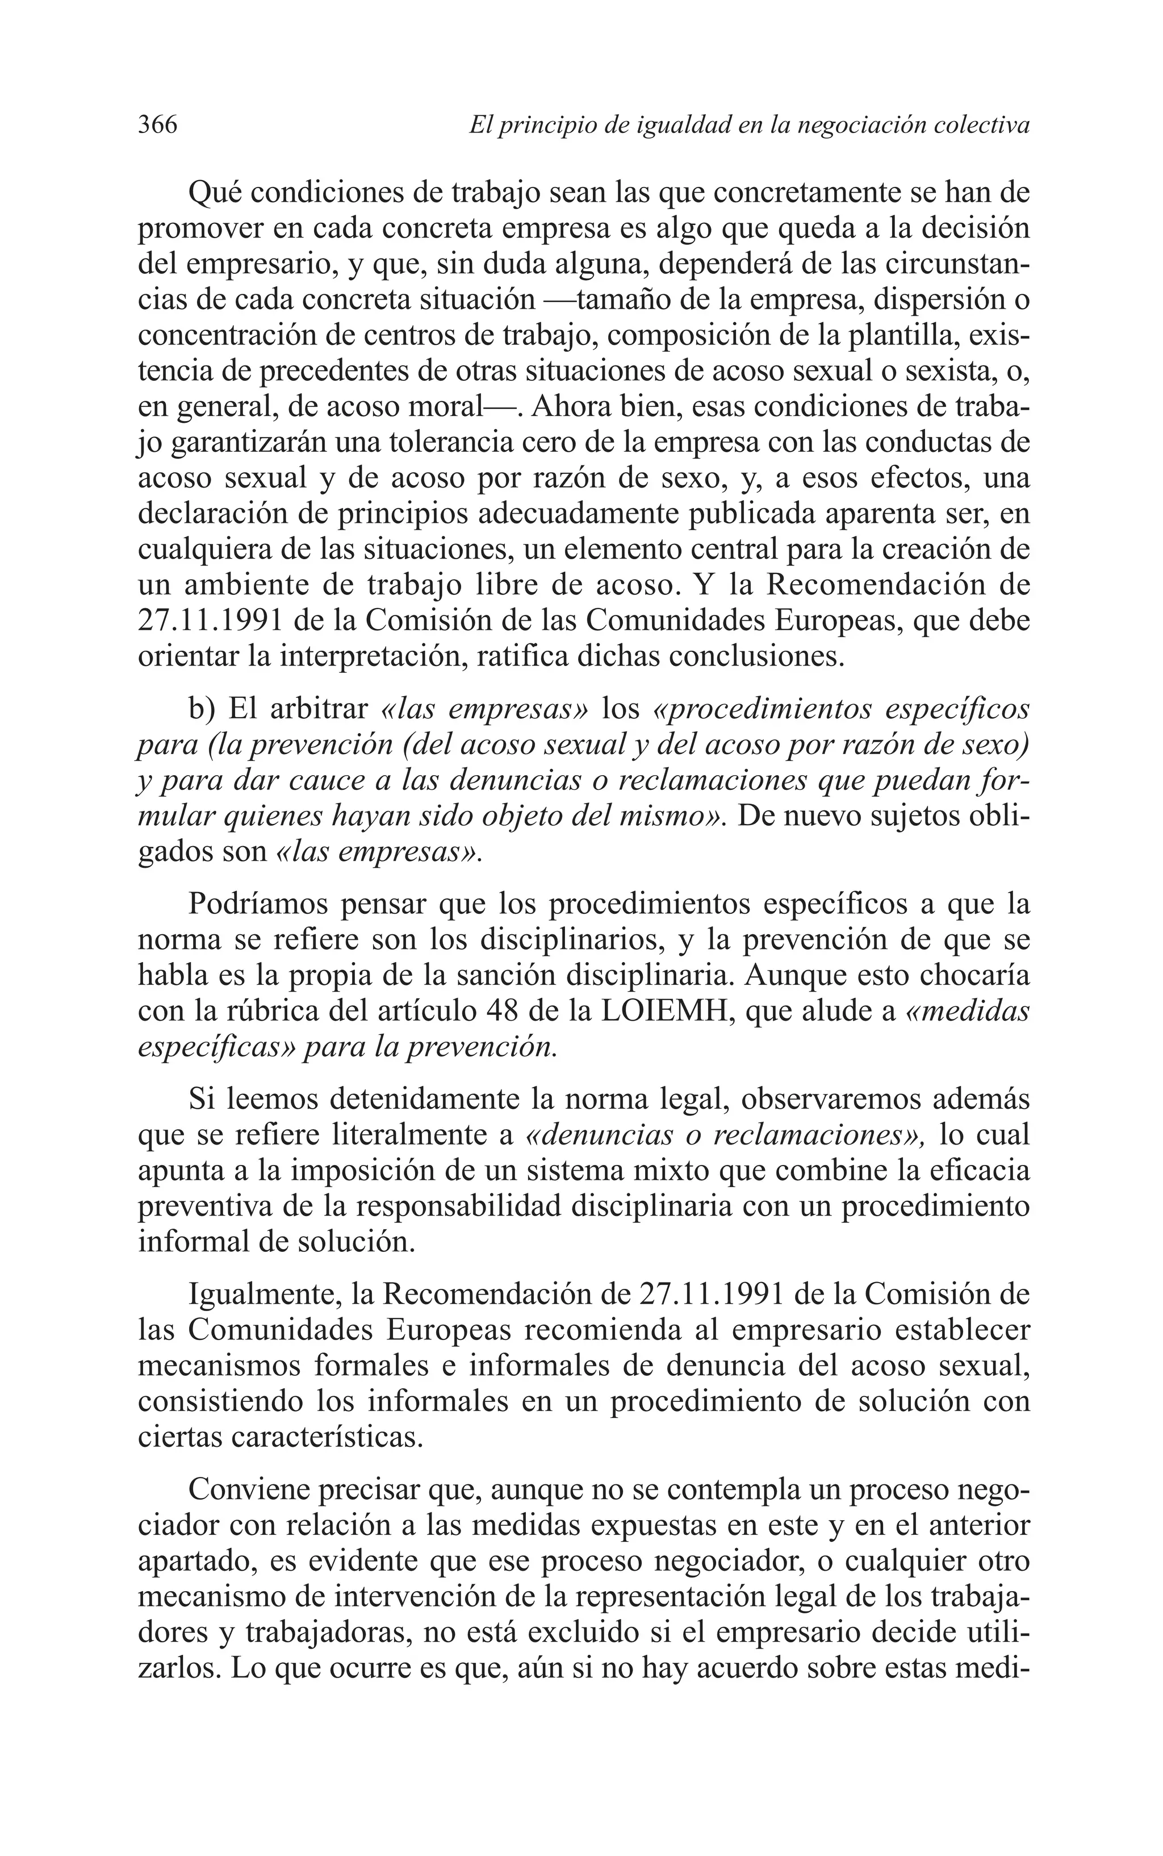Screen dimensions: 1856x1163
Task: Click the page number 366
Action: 158,124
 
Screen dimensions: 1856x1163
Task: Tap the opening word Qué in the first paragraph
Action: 215,193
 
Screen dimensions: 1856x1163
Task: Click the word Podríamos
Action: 259,904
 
